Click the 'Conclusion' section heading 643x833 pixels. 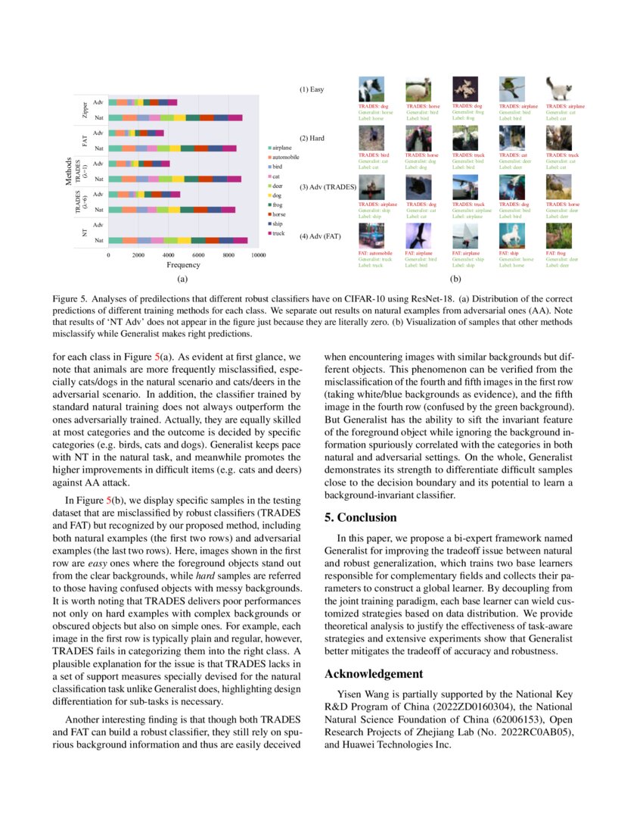click(x=360, y=518)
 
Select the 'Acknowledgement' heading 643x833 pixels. click(x=374, y=674)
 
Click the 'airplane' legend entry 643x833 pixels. click(x=281, y=147)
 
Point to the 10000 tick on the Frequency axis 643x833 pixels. click(x=258, y=256)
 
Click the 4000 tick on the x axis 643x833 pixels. click(x=168, y=256)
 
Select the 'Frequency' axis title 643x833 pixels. click(x=183, y=266)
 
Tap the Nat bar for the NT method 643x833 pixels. click(x=178, y=240)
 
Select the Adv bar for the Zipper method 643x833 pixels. click(x=142, y=101)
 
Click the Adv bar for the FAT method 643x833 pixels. click(x=136, y=133)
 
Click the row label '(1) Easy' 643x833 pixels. click(x=312, y=90)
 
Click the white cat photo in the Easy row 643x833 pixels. click(x=558, y=89)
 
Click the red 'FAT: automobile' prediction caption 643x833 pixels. click(x=375, y=253)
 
